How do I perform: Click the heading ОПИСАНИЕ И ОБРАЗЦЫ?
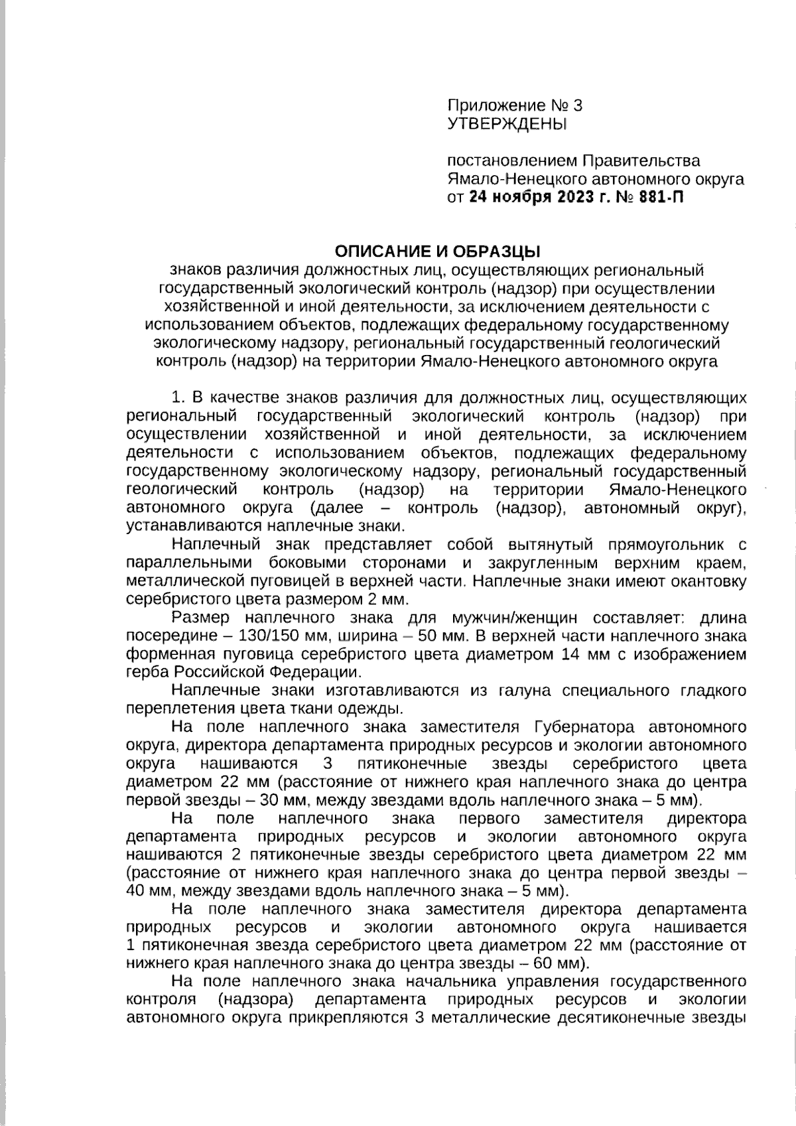pos(437,251)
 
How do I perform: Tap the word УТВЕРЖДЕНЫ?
pos(507,123)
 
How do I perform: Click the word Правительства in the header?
pos(641,161)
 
